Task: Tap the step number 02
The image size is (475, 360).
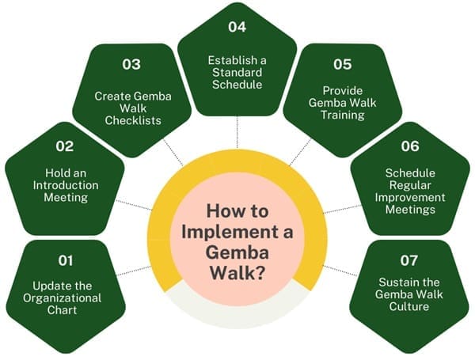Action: (64, 146)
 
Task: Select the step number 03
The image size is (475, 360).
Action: (131, 63)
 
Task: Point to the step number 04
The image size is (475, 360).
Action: (237, 26)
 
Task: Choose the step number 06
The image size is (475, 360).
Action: (409, 146)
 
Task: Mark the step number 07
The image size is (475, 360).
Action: (409, 260)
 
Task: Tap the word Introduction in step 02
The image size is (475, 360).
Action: (65, 184)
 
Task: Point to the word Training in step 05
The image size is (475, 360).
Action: (344, 114)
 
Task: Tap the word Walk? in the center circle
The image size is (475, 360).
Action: (237, 270)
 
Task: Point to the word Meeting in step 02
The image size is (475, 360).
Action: (65, 197)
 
